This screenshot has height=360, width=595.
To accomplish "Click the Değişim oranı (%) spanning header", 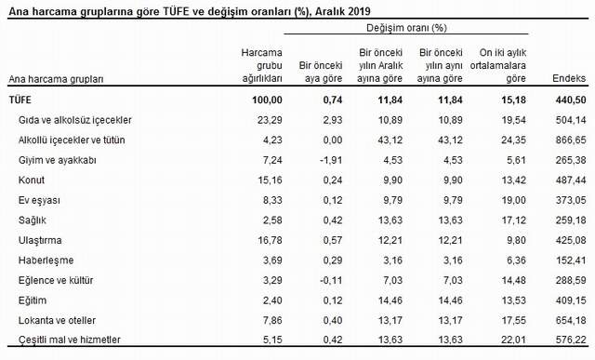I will click(x=406, y=30).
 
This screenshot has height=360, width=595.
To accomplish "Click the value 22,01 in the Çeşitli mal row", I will click(x=506, y=339).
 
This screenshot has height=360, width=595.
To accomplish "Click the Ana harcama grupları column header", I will click(x=55, y=80).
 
